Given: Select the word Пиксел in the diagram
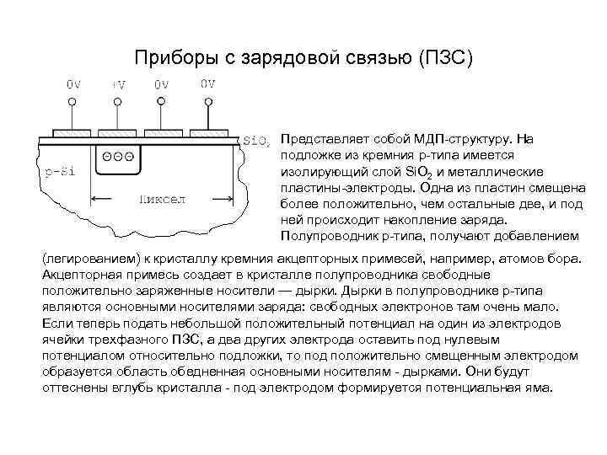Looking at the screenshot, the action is tap(163, 200).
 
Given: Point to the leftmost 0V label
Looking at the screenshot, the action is tap(73, 84).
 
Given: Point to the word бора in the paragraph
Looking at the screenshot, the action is tap(561, 254).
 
